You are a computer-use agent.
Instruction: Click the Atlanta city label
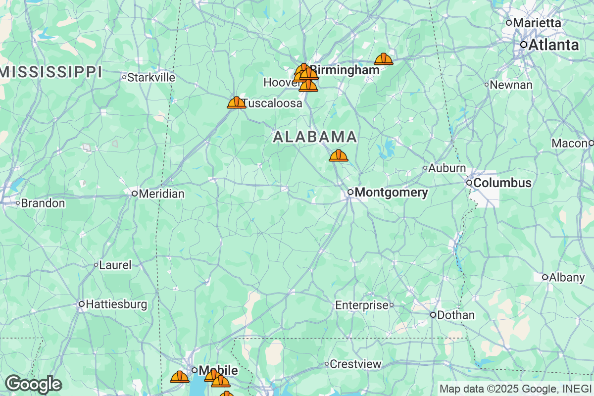pyautogui.click(x=553, y=45)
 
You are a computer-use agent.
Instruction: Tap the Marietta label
pyautogui.click(x=537, y=23)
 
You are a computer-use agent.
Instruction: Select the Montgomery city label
pyautogui.click(x=392, y=193)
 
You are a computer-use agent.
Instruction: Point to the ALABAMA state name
pyautogui.click(x=315, y=137)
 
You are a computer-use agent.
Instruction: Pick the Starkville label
pyautogui.click(x=151, y=77)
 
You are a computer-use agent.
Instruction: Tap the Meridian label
pyautogui.click(x=161, y=194)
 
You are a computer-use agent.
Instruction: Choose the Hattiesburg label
pyautogui.click(x=116, y=304)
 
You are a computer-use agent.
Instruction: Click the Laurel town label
pyautogui.click(x=115, y=265)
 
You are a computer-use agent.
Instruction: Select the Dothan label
pyautogui.click(x=455, y=315)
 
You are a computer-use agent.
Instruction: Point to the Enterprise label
pyautogui.click(x=362, y=305)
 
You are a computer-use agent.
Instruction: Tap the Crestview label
pyautogui.click(x=356, y=365)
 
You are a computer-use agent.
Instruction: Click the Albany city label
pyautogui.click(x=567, y=277)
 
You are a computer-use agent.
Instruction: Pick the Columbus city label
pyautogui.click(x=502, y=183)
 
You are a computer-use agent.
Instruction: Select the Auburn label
pyautogui.click(x=447, y=168)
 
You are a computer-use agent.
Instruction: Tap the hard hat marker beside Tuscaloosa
pyautogui.click(x=236, y=102)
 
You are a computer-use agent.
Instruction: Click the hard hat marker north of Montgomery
pyautogui.click(x=339, y=155)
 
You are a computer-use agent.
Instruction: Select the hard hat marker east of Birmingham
pyautogui.click(x=384, y=59)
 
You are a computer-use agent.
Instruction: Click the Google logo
pyautogui.click(x=34, y=384)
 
